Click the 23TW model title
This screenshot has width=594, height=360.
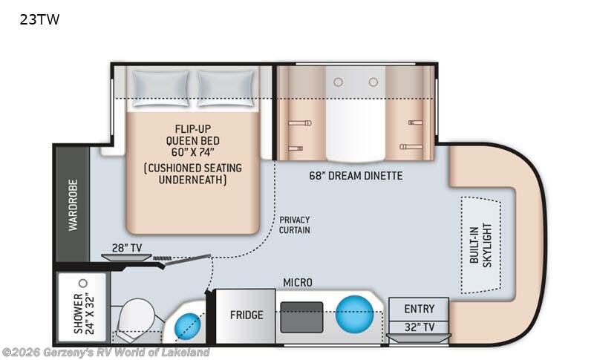pyautogui.click(x=39, y=20)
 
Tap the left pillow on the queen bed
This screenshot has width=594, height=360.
pyautogui.click(x=159, y=88)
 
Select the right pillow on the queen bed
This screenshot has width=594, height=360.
pyautogui.click(x=226, y=88)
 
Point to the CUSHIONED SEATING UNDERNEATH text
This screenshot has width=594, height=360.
pyautogui.click(x=192, y=173)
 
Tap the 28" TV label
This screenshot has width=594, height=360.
pyautogui.click(x=128, y=247)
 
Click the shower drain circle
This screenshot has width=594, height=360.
pyautogui.click(x=83, y=283)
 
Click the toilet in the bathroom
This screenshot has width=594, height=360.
pyautogui.click(x=137, y=316)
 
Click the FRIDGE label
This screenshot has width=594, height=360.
pyautogui.click(x=246, y=315)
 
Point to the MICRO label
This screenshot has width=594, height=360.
pyautogui.click(x=298, y=283)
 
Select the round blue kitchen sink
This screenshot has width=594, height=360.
pyautogui.click(x=353, y=314)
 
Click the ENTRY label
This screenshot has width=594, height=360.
pyautogui.click(x=419, y=308)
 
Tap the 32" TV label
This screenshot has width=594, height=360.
pyautogui.click(x=419, y=326)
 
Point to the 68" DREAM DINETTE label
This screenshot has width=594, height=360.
pyautogui.click(x=356, y=176)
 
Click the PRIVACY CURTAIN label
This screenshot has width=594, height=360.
pyautogui.click(x=295, y=224)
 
